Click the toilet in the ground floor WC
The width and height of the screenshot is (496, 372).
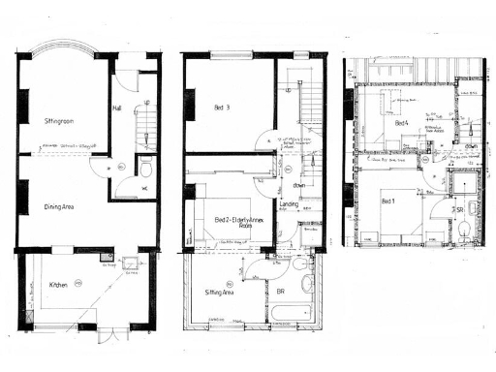coord(145,167)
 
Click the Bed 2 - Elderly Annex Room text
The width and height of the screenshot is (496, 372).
coord(237,222)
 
